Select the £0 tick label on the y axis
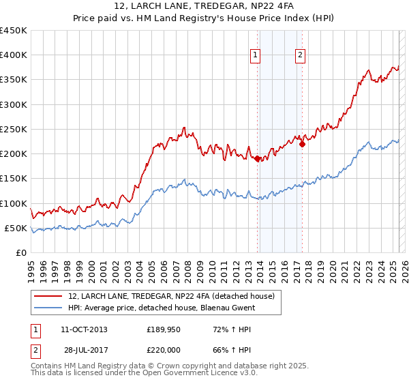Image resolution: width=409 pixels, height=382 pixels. pyautogui.click(x=20, y=253)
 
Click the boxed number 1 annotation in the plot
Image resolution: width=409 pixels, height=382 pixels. pyautogui.click(x=255, y=56)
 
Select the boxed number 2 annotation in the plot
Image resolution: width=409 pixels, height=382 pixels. pyautogui.click(x=300, y=56)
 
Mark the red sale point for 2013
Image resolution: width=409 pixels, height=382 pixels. pyautogui.click(x=258, y=159)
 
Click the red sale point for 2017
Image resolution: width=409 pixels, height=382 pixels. pyautogui.click(x=303, y=144)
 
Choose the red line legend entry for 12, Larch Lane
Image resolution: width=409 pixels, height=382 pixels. pyautogui.click(x=170, y=296)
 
